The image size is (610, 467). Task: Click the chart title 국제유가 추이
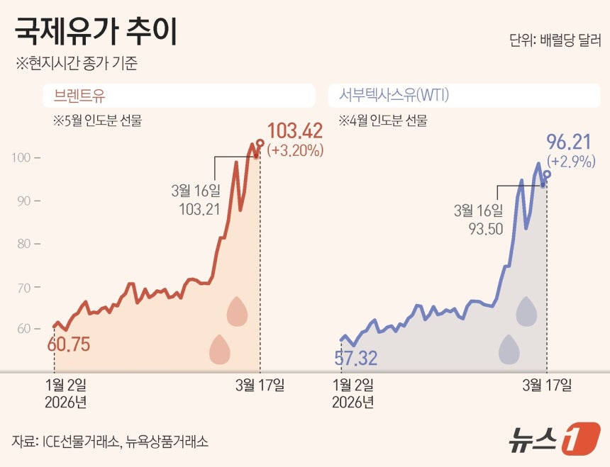(x=96, y=32)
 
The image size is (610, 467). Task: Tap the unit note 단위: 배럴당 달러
(x=555, y=40)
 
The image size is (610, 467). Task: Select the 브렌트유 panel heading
(x=79, y=96)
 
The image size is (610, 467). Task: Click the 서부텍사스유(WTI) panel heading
(x=394, y=95)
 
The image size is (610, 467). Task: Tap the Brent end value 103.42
(x=295, y=131)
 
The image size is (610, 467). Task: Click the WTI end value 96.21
(x=569, y=142)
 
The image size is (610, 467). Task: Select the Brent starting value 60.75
(x=69, y=344)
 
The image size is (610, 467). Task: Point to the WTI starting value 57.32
(x=356, y=358)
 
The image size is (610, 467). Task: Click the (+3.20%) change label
(x=295, y=150)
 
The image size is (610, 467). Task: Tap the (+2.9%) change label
(x=571, y=161)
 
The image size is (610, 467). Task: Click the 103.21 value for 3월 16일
(x=199, y=210)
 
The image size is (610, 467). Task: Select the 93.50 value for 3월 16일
(x=486, y=229)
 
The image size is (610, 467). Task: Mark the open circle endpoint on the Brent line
(x=260, y=143)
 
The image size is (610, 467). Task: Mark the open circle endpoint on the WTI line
(x=547, y=174)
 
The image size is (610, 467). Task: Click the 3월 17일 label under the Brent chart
(x=260, y=385)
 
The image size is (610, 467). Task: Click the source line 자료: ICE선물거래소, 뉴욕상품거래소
(x=110, y=441)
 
